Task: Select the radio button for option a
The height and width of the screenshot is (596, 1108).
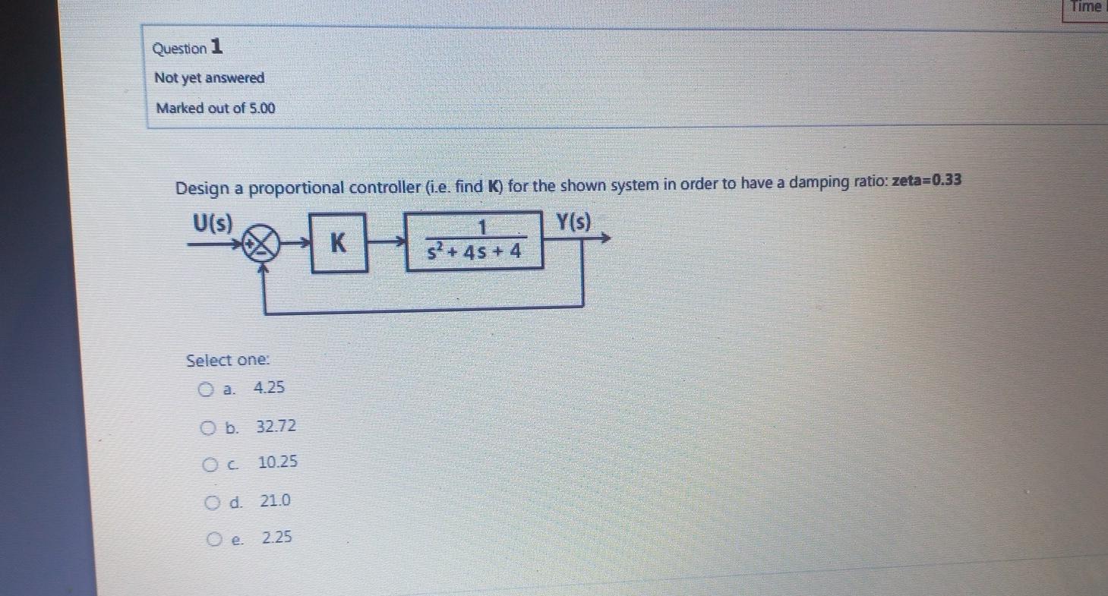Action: pyautogui.click(x=205, y=390)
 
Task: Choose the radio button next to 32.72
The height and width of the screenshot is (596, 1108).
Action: pyautogui.click(x=207, y=427)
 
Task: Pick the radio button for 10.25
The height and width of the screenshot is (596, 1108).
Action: pyautogui.click(x=210, y=464)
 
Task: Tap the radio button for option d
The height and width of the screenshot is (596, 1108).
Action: pyautogui.click(x=212, y=502)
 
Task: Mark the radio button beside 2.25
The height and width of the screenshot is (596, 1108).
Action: pyautogui.click(x=214, y=539)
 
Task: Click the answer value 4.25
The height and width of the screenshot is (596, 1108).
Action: pyautogui.click(x=269, y=388)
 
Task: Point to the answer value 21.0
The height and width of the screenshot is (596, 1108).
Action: pyautogui.click(x=275, y=501)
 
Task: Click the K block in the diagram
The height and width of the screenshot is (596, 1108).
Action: pyautogui.click(x=339, y=243)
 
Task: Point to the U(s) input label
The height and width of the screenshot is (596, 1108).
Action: pyautogui.click(x=213, y=223)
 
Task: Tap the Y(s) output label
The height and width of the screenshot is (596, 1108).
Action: pyautogui.click(x=573, y=222)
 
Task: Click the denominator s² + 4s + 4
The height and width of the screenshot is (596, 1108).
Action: pyautogui.click(x=474, y=251)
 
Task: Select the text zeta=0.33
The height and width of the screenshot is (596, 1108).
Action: pyautogui.click(x=926, y=181)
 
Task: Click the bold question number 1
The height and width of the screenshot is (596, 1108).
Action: pyautogui.click(x=216, y=47)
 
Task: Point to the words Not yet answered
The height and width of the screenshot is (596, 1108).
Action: pyautogui.click(x=210, y=78)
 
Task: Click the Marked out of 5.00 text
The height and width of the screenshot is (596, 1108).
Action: pyautogui.click(x=216, y=108)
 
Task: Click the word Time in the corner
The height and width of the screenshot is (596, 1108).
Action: pyautogui.click(x=1086, y=7)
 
